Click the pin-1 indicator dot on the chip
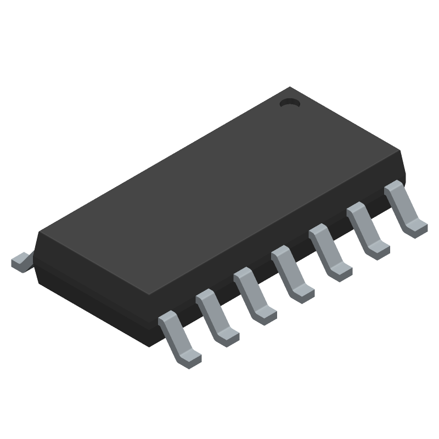pyautogui.click(x=289, y=102)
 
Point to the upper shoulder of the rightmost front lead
pyautogui.click(x=393, y=187)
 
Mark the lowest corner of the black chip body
pyautogui.click(x=152, y=345)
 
